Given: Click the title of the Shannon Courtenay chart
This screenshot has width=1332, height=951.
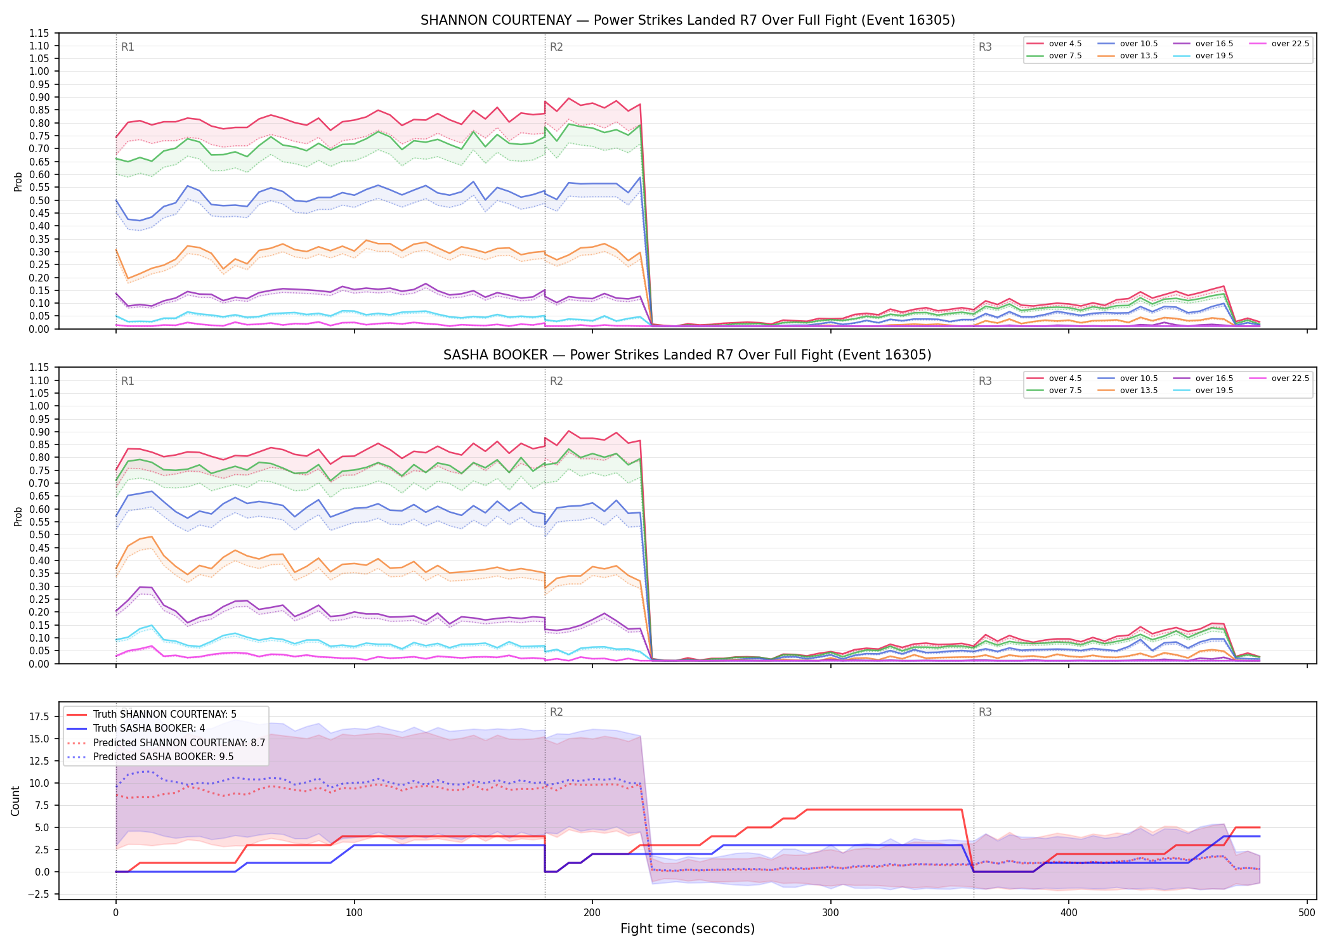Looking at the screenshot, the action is [x=688, y=20].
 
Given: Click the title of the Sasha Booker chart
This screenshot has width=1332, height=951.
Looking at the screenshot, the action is [x=688, y=355].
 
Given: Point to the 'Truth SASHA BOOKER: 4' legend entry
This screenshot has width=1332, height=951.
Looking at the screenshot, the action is [x=149, y=728].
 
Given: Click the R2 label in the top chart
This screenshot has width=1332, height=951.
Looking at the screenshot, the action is [x=556, y=47].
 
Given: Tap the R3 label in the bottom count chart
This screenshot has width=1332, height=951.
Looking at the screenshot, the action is [x=985, y=712].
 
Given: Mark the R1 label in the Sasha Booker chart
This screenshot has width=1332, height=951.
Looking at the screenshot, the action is [x=127, y=381].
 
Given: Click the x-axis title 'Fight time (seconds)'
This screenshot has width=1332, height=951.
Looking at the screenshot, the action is [x=688, y=929].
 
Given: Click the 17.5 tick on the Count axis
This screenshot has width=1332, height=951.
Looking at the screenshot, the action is [x=39, y=716].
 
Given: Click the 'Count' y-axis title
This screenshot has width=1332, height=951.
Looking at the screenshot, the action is [x=16, y=801].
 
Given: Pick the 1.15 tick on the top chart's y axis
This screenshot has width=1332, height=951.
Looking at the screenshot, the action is [x=39, y=33].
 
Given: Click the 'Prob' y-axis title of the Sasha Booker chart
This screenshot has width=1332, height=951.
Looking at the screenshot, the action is [x=18, y=516].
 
